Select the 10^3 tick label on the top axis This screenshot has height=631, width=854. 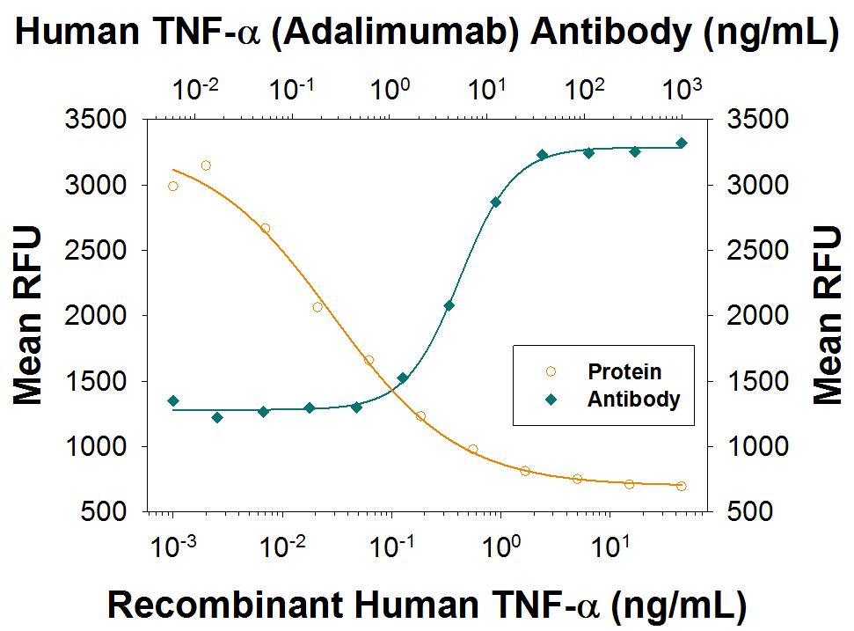pyautogui.click(x=682, y=88)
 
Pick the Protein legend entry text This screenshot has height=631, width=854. pyautogui.click(x=624, y=372)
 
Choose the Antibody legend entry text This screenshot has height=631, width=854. pyautogui.click(x=633, y=399)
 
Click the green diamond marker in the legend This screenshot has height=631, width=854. pyautogui.click(x=551, y=399)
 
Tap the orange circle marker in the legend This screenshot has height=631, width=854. pyautogui.click(x=551, y=372)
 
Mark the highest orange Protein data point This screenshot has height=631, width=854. pyautogui.click(x=206, y=165)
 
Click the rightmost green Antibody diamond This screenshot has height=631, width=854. pyautogui.click(x=682, y=143)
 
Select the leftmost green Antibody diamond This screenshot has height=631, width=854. pyautogui.click(x=173, y=401)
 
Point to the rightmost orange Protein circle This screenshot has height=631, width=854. pyautogui.click(x=682, y=486)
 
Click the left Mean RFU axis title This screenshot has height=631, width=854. pyautogui.click(x=28, y=315)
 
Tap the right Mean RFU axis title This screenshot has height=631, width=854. pyautogui.click(x=827, y=315)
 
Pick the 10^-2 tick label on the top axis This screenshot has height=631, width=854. pyautogui.click(x=195, y=88)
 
